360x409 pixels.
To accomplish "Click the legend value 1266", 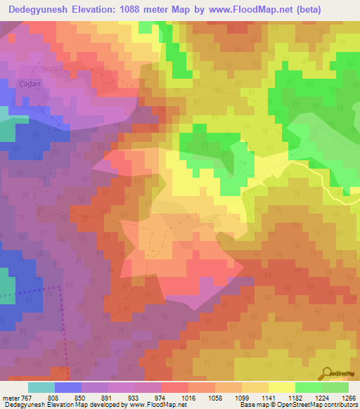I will point(349,398).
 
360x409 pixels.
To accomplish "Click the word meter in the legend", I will point(12,398).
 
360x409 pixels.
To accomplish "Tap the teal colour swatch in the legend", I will point(41,387).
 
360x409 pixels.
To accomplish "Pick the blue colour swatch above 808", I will point(68,387).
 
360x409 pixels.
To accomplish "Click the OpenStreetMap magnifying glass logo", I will point(327,373).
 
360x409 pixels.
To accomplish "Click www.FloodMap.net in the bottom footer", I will point(153,405).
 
